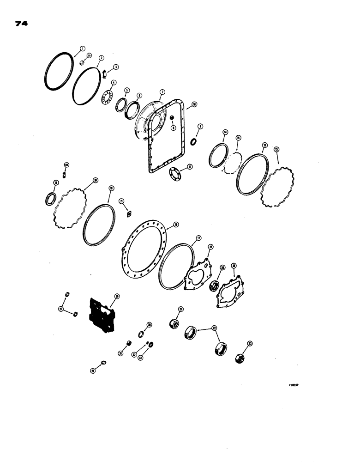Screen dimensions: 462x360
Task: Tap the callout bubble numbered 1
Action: (x=82, y=48)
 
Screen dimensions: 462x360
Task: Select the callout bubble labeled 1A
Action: (x=89, y=56)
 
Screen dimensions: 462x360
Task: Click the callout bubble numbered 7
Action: (x=162, y=91)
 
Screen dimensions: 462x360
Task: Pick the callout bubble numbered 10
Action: (x=194, y=105)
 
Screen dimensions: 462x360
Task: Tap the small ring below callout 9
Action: (x=193, y=140)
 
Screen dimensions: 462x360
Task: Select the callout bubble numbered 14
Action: (x=225, y=133)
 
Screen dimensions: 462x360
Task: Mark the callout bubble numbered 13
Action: (x=276, y=149)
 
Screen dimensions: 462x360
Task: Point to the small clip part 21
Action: (x=129, y=213)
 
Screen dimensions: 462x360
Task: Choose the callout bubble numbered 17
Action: (x=198, y=238)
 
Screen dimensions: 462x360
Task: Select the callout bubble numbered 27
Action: (x=61, y=309)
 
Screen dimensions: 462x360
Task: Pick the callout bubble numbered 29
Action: (x=93, y=370)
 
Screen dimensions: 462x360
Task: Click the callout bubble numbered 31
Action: (x=120, y=353)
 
